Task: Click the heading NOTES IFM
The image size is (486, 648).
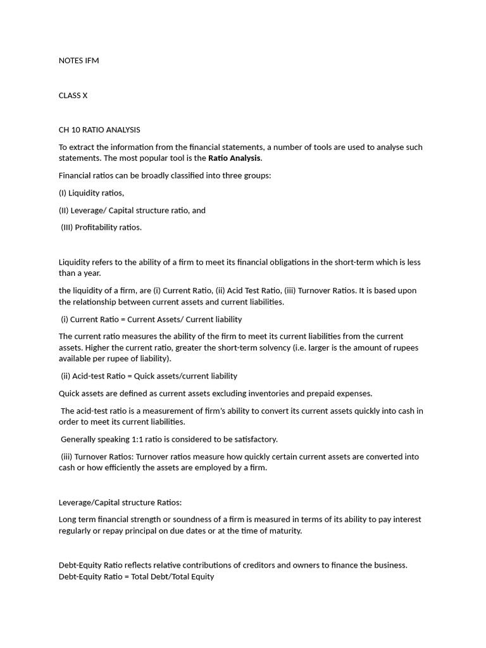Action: [78, 61]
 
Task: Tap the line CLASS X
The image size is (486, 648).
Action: [73, 96]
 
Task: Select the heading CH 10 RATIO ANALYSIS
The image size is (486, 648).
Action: [99, 130]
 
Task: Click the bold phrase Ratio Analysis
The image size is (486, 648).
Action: [234, 158]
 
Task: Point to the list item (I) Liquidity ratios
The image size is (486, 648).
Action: [91, 193]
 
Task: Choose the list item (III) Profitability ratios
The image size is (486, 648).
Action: [101, 227]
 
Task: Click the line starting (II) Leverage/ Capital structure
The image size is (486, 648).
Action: [132, 210]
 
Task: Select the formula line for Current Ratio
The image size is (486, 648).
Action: [151, 319]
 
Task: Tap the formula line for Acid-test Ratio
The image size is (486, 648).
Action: [149, 376]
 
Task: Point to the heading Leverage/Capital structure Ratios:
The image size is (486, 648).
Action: [120, 502]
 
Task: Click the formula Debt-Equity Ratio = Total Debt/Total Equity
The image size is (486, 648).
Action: [137, 576]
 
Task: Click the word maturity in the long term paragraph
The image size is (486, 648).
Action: [285, 531]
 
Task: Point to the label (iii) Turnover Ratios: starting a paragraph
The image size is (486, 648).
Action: [97, 456]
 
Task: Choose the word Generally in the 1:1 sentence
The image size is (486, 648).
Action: [79, 439]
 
